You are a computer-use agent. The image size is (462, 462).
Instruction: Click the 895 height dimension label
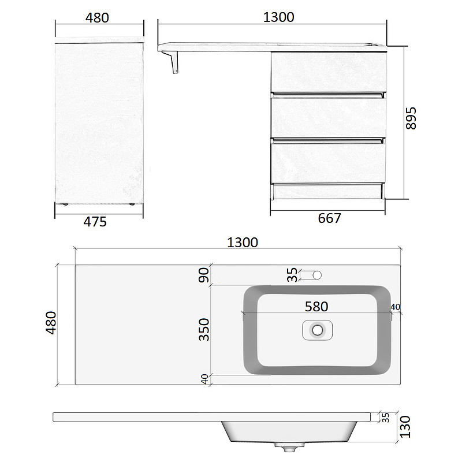click(x=411, y=118)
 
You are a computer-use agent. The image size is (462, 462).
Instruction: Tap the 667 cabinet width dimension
click(x=329, y=218)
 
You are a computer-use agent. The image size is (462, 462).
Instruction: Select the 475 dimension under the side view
click(x=95, y=222)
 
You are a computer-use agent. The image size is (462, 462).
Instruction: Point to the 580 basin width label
click(x=316, y=307)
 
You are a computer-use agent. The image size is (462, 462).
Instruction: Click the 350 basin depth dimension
click(x=204, y=329)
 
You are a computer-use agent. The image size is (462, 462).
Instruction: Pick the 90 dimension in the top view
click(x=204, y=275)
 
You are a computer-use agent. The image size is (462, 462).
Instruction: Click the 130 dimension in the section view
click(x=405, y=427)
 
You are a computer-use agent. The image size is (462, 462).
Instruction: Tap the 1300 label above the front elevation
click(x=278, y=17)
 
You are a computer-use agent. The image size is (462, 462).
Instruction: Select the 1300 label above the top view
click(x=243, y=243)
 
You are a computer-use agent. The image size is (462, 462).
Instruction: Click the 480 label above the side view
click(x=97, y=18)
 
